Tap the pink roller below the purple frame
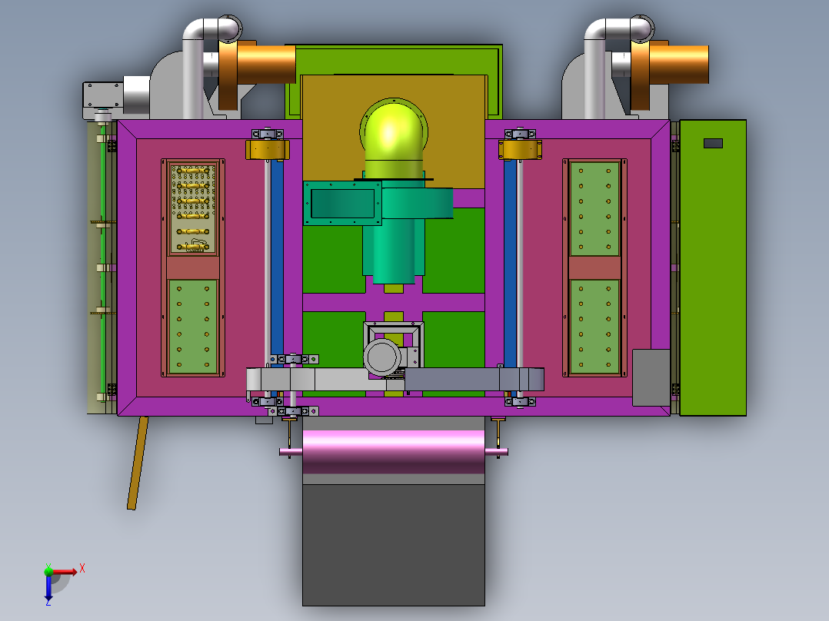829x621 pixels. click(x=394, y=451)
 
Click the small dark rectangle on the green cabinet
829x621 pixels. click(x=713, y=143)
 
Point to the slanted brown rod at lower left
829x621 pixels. click(x=138, y=463)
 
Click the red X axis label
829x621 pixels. click(x=82, y=569)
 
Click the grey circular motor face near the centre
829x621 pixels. click(x=381, y=357)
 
